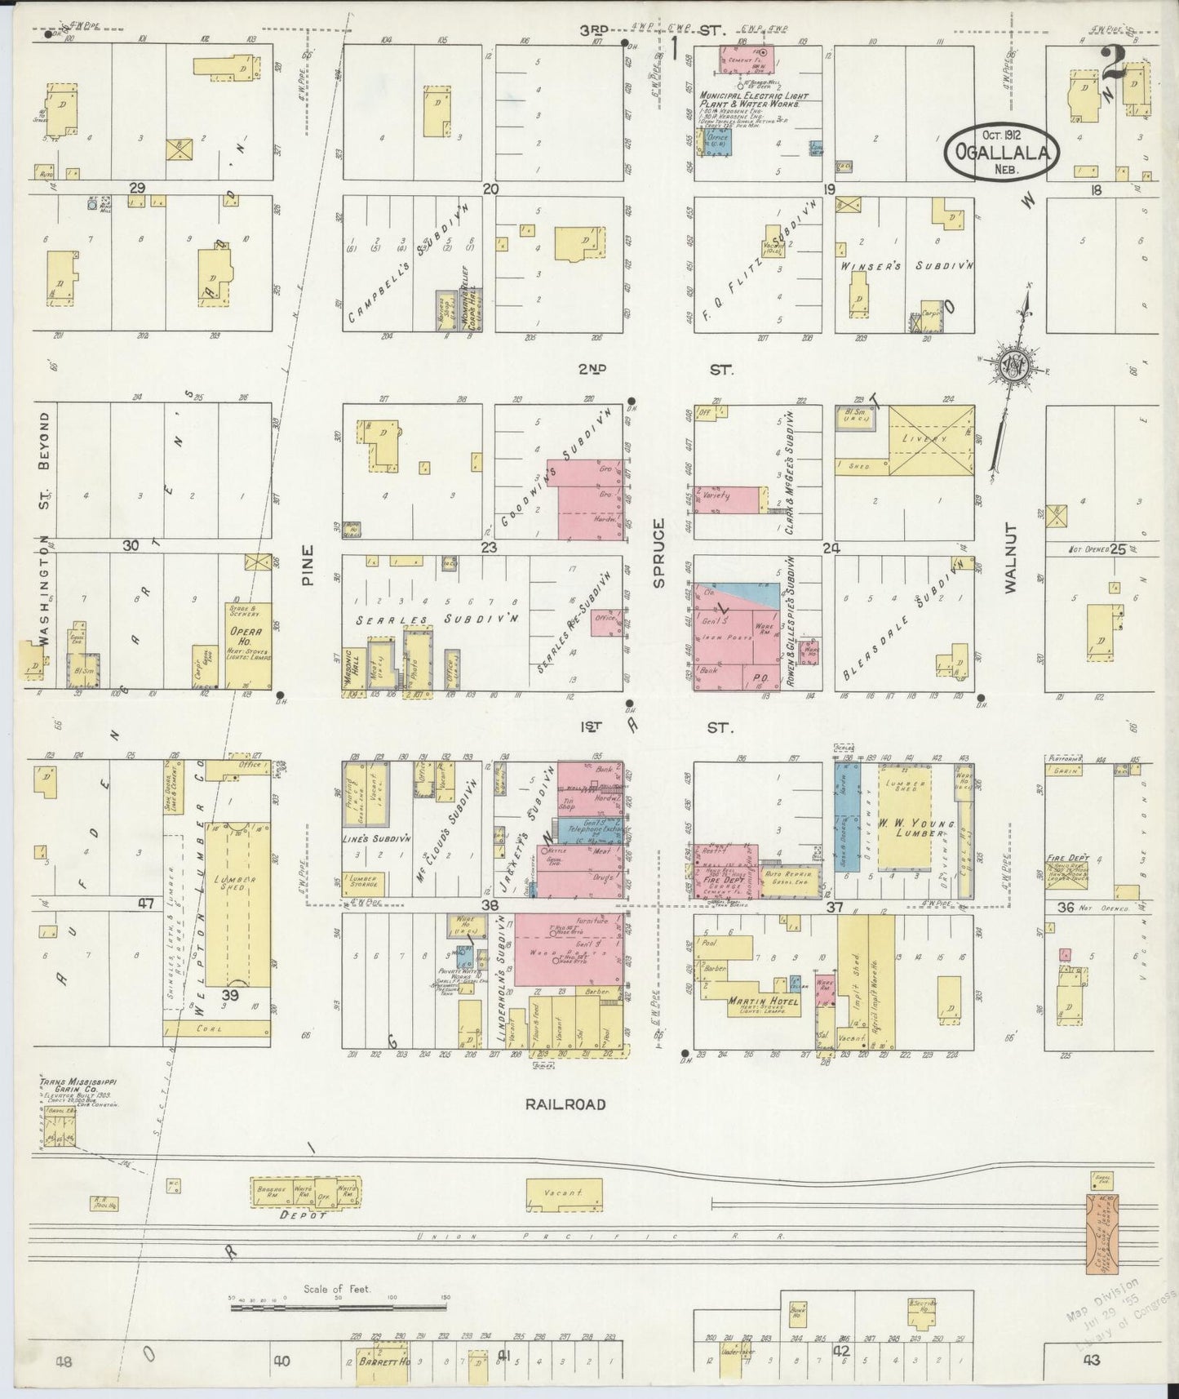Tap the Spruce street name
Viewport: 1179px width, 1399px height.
(x=659, y=552)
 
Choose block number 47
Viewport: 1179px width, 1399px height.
(x=146, y=903)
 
